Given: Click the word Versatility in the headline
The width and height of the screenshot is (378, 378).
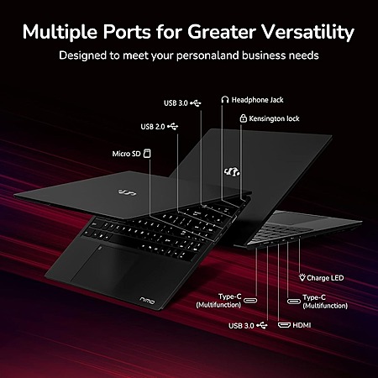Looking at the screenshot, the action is [x=308, y=32].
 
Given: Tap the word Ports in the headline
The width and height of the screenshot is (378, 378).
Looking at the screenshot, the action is [x=127, y=32].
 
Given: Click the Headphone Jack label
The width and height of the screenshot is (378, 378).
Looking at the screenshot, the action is [x=257, y=100].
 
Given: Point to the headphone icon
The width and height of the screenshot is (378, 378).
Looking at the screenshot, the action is [x=225, y=99].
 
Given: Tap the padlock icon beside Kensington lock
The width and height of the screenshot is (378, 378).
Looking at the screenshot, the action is [x=243, y=118].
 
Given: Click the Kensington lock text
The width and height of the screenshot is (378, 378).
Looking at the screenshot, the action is [x=274, y=118].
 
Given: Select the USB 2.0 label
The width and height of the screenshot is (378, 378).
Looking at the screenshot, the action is [x=153, y=127].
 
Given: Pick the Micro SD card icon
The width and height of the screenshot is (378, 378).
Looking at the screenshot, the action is [x=147, y=153].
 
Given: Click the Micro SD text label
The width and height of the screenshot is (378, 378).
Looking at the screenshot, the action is [x=126, y=154].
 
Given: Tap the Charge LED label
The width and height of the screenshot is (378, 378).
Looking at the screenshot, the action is [x=325, y=278].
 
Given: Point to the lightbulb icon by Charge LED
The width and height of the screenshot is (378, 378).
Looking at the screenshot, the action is [x=302, y=277].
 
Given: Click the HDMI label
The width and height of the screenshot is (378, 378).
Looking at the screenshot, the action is [x=302, y=325].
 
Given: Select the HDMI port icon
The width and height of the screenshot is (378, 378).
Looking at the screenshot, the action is [x=284, y=325].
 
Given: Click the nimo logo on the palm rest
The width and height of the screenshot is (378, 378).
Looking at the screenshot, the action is [x=147, y=301].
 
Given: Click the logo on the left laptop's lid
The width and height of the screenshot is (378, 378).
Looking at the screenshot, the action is [x=127, y=192].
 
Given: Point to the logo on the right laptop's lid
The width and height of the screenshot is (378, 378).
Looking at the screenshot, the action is [x=232, y=171].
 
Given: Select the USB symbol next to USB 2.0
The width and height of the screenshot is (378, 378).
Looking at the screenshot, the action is [x=173, y=127].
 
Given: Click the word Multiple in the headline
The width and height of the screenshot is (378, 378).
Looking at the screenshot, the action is [x=60, y=32].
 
